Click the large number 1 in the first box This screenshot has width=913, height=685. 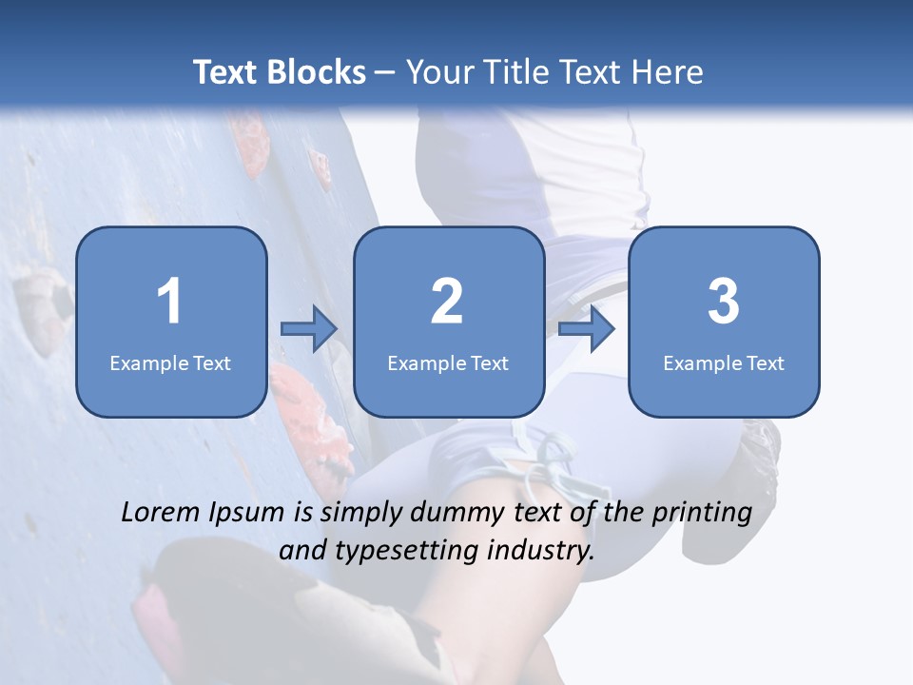point(170,303)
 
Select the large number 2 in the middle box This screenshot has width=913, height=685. point(447,303)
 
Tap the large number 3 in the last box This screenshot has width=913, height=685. point(724,303)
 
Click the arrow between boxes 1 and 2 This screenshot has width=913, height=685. point(309,329)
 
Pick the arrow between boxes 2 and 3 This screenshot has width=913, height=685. point(587,329)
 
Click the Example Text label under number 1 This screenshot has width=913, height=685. point(170,363)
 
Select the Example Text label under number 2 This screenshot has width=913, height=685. point(448,363)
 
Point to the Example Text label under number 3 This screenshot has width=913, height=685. point(724,363)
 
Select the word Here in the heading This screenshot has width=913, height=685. point(667,72)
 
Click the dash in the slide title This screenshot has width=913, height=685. point(385,72)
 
